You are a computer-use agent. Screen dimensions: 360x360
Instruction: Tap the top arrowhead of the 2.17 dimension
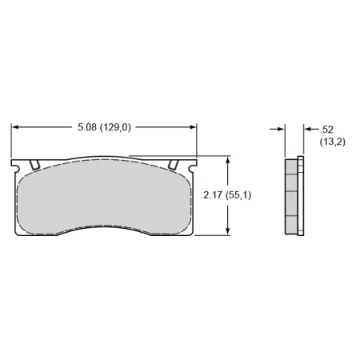[229, 160]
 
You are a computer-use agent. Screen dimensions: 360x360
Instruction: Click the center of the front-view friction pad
[104, 196]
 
